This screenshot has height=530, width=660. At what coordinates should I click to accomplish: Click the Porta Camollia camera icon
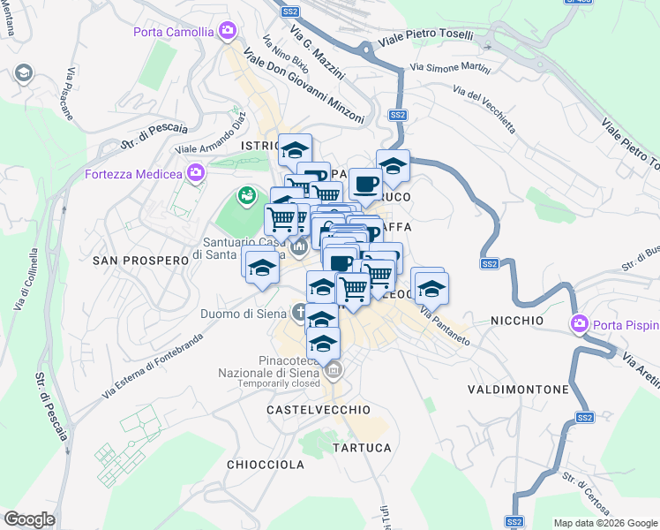point(229,32)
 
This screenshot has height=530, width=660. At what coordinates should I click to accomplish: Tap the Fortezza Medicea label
point(132,173)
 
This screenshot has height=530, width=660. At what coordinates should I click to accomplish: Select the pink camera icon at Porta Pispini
point(580,323)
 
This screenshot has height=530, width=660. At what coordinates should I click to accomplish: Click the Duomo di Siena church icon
point(299,312)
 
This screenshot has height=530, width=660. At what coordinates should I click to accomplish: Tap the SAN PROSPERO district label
point(141,261)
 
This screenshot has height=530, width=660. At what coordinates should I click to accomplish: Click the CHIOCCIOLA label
point(265,465)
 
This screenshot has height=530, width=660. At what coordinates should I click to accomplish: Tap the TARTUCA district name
point(362,448)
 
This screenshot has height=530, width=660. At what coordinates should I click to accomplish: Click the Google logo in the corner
point(29,519)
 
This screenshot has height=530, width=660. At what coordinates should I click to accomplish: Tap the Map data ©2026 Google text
point(605,523)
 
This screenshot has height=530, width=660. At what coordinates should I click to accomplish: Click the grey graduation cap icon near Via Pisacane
point(23,72)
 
